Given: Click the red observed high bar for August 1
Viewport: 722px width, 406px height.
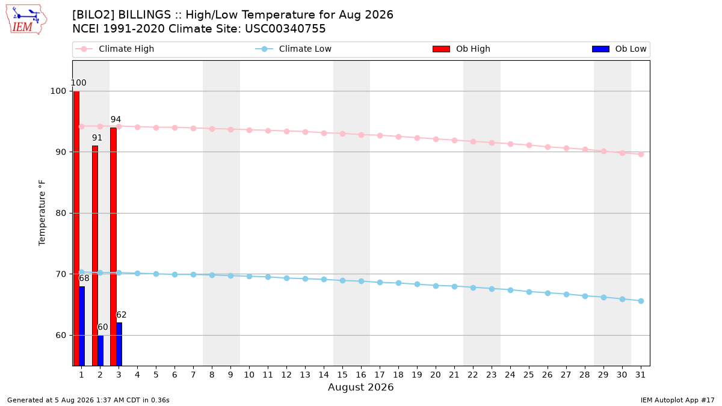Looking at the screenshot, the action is pyautogui.click(x=76, y=229).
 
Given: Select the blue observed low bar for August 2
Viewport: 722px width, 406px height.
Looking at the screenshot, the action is pyautogui.click(x=100, y=351).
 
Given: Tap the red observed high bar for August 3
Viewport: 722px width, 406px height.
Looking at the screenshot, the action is pyautogui.click(x=114, y=247).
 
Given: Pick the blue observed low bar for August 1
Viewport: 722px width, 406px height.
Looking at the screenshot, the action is pyautogui.click(x=82, y=326).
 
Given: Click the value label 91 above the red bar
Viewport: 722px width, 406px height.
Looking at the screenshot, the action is pyautogui.click(x=97, y=138).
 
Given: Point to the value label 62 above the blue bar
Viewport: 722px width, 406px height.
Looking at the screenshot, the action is pyautogui.click(x=121, y=315).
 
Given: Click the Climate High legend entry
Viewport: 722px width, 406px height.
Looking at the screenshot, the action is pyautogui.click(x=115, y=49).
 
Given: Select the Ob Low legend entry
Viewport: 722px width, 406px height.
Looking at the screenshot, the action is pyautogui.click(x=619, y=49).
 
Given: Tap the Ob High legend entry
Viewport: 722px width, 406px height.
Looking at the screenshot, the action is pyautogui.click(x=461, y=49).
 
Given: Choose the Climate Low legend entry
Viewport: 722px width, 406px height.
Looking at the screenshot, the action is pyautogui.click(x=294, y=49).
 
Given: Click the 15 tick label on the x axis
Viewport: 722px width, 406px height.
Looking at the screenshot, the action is pyautogui.click(x=342, y=375).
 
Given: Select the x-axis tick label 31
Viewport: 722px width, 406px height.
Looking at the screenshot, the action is pyautogui.click(x=640, y=375).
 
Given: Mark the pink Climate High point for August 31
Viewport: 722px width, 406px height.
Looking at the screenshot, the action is pyautogui.click(x=641, y=155).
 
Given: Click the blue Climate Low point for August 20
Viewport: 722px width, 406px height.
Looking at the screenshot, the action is pyautogui.click(x=436, y=286).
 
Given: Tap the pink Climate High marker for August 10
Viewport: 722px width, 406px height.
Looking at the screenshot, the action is pyautogui.click(x=250, y=130).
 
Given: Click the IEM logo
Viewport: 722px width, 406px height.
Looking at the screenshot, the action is pyautogui.click(x=26, y=20).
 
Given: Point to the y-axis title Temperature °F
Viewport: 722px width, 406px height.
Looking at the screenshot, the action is pyautogui.click(x=42, y=213).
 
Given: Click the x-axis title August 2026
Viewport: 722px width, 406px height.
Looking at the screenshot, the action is pyautogui.click(x=360, y=387).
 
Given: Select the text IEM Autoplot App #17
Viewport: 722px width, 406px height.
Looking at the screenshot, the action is pyautogui.click(x=677, y=400).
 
